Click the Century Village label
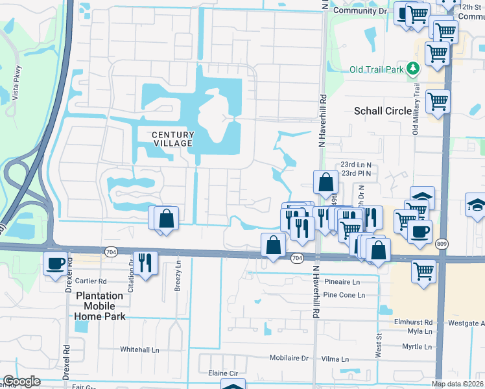click(172, 138)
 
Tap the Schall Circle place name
click(383, 111)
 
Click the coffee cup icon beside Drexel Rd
click(55, 263)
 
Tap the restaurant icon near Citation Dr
click(145, 263)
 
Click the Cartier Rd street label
click(91, 281)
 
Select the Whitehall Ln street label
click(139, 349)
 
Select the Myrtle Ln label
click(417, 347)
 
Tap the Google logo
click(22, 381)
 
